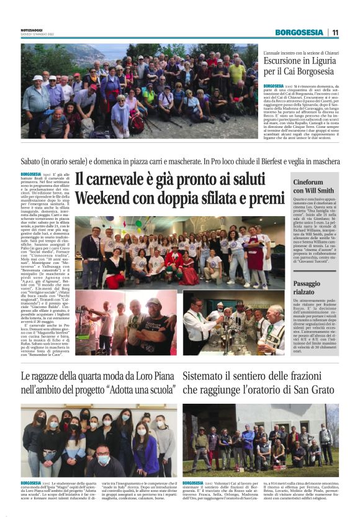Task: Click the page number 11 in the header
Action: pos(335,32)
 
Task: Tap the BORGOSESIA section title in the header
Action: pos(300,32)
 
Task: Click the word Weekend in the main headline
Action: pos(102,199)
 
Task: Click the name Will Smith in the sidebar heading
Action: pos(323,191)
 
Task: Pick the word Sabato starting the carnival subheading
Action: pos(34,161)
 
